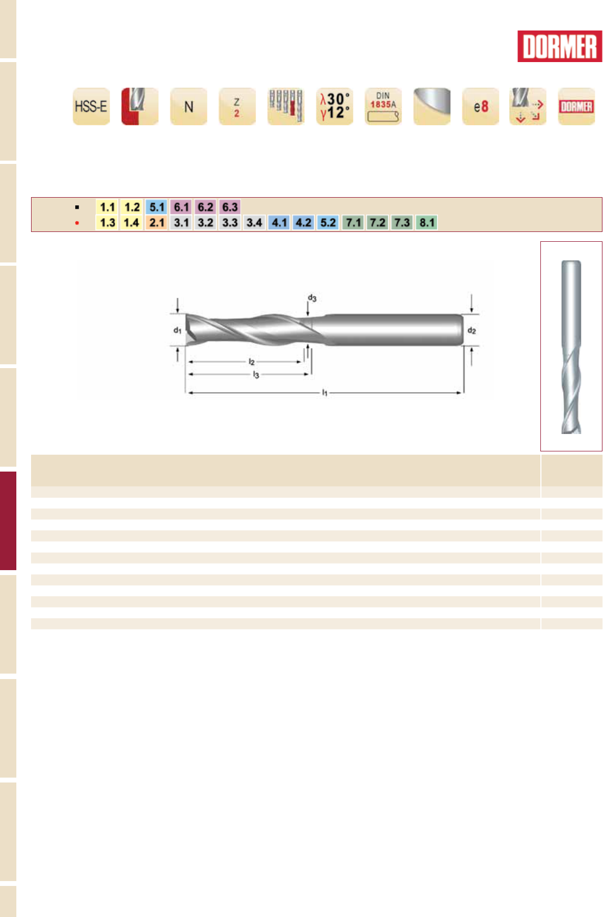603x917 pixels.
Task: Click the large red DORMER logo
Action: [559, 46]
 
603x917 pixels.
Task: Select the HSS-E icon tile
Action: [91, 106]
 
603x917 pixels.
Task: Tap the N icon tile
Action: [188, 106]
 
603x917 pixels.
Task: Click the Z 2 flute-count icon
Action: [237, 106]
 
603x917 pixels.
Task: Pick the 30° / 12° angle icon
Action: [334, 106]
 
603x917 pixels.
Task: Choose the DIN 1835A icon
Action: [383, 106]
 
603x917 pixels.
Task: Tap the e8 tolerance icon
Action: [480, 106]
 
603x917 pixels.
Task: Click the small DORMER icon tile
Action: [576, 106]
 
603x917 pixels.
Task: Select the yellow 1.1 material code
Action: [107, 207]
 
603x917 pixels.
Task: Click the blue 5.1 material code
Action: [156, 207]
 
